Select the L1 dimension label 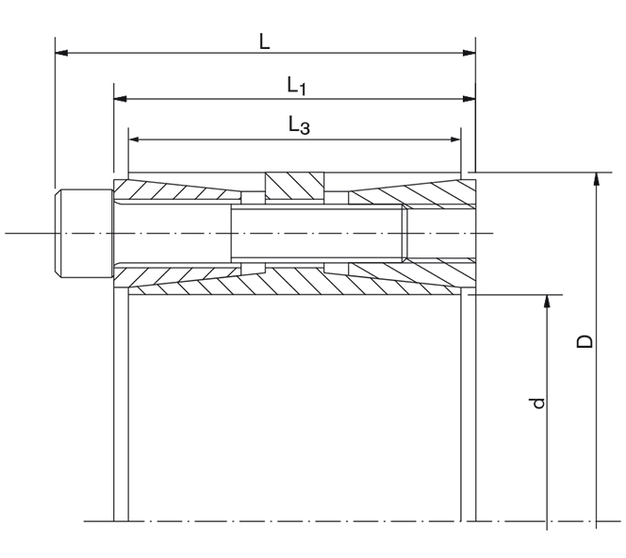pyautogui.click(x=296, y=86)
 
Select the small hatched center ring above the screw pyautogui.click(x=295, y=186)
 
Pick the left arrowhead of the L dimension pyautogui.click(x=60, y=53)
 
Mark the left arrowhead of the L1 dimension pyautogui.click(x=120, y=97)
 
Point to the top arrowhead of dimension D pyautogui.click(x=596, y=178)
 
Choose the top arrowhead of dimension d pyautogui.click(x=547, y=301)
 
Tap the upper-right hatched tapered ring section pyautogui.click(x=415, y=192)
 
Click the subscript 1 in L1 pyautogui.click(x=305, y=90)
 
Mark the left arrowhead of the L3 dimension pyautogui.click(x=134, y=139)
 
